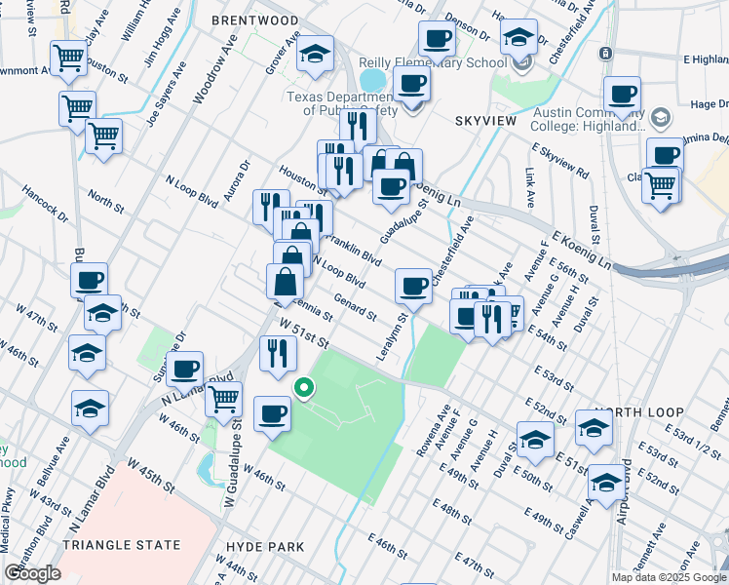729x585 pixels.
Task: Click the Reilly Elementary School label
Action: [x=450, y=62]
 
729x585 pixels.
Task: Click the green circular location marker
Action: [x=304, y=388]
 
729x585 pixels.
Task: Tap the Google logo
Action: [x=32, y=573]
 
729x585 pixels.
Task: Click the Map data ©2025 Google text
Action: [x=668, y=577]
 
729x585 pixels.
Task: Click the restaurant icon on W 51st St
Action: [x=278, y=351]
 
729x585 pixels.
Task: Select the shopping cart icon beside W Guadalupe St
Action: [x=224, y=396]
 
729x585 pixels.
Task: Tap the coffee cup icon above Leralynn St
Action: [x=413, y=286]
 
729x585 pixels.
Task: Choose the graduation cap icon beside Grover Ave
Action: [x=315, y=55]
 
